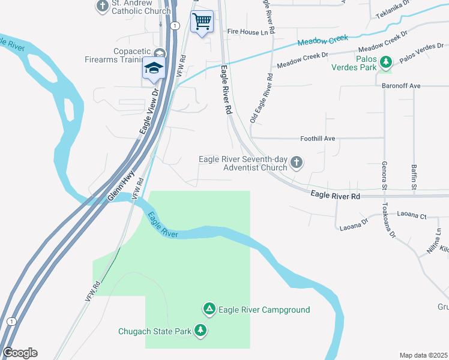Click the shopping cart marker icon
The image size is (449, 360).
click(202, 22)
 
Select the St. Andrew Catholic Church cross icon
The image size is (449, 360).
click(101, 7)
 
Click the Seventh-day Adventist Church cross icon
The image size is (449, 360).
click(296, 163)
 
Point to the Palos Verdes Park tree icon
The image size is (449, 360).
click(387, 61)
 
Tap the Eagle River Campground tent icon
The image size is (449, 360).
click(209, 309)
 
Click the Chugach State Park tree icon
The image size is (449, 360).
click(200, 330)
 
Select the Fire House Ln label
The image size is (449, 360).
click(247, 32)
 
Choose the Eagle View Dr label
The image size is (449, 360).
click(148, 112)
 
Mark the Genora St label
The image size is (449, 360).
click(384, 173)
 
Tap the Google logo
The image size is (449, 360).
click(20, 353)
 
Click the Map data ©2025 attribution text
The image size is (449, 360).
click(424, 355)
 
